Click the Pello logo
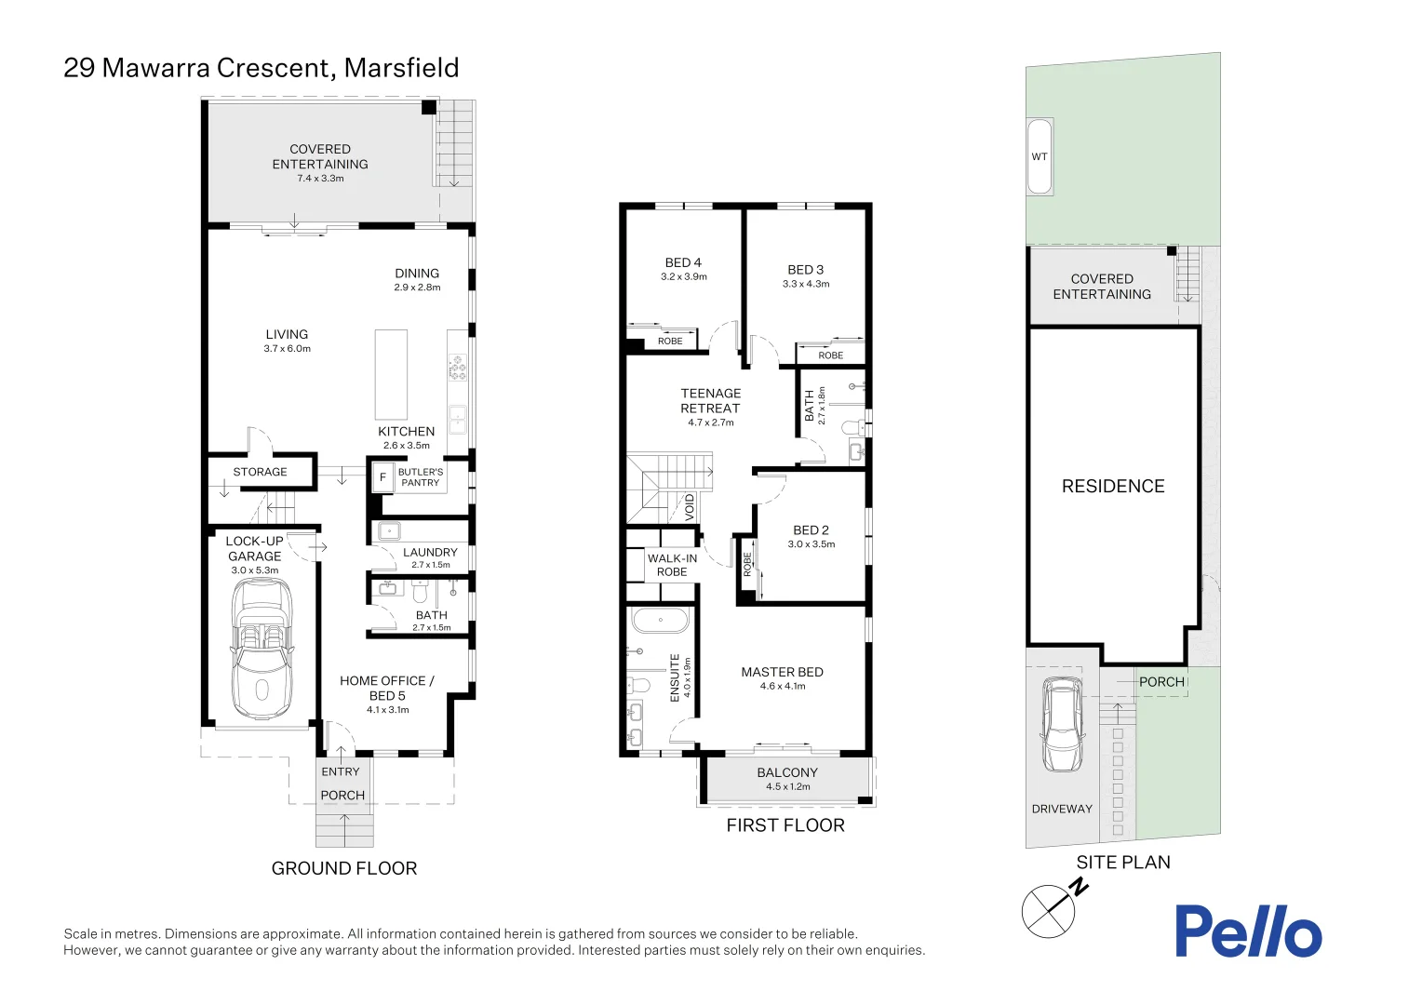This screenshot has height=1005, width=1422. click(x=1247, y=931)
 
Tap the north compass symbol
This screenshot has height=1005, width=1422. click(x=1049, y=911)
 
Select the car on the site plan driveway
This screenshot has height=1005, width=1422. click(x=1062, y=724)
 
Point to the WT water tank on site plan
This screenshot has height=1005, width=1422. click(x=1040, y=156)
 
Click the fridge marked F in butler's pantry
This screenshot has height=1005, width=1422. click(x=382, y=477)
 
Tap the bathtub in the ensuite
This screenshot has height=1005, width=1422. click(x=660, y=620)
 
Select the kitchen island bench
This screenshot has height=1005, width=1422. click(x=391, y=374)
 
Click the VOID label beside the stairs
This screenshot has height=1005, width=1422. click(x=690, y=506)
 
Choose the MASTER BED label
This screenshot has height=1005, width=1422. click(x=782, y=672)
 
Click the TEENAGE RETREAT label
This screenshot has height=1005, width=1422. click(x=710, y=401)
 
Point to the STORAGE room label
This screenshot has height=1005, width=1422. click(x=260, y=472)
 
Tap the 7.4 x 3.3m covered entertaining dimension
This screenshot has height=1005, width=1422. click(x=320, y=179)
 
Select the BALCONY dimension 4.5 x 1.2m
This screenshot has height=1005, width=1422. click(x=787, y=787)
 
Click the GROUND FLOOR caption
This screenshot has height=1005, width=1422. click(x=343, y=868)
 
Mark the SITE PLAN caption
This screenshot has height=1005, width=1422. click(x=1123, y=863)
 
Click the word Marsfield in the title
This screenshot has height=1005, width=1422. click(x=401, y=68)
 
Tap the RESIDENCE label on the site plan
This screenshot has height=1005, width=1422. click(x=1113, y=487)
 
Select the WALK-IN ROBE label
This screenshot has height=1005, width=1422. click(x=672, y=565)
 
